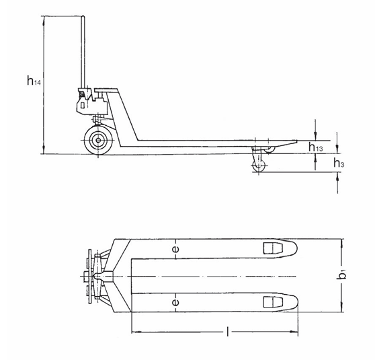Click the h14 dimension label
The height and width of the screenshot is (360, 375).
coord(33,82)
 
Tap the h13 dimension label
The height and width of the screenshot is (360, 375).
coord(317,147)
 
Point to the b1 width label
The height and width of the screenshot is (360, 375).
coord(343,275)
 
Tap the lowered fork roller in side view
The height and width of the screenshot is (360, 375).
coord(257,166)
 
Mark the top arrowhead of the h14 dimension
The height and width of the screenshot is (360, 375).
coord(44,20)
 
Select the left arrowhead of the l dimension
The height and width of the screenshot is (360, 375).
coord(134,332)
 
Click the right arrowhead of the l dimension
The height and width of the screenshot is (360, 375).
coord(296,332)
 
